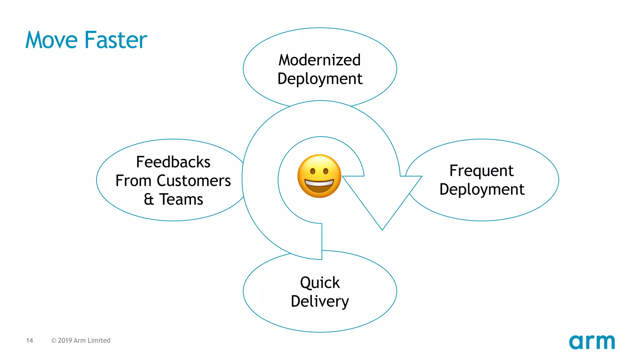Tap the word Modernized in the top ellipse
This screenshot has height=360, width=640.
click(320, 60)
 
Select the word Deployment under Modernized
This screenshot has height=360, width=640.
click(320, 79)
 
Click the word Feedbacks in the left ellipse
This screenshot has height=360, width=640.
click(173, 162)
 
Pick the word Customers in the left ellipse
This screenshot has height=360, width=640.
click(194, 181)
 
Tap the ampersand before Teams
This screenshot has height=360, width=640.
click(149, 199)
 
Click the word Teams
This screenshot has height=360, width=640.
click(181, 199)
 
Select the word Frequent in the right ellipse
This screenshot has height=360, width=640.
click(481, 171)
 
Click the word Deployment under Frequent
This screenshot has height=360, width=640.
click(482, 189)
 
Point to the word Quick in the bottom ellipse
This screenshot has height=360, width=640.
click(320, 282)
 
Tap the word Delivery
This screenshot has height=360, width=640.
click(320, 301)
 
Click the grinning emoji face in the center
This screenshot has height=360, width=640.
click(319, 176)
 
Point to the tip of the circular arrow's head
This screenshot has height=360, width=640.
click(382, 230)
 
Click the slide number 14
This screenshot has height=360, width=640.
click(29, 340)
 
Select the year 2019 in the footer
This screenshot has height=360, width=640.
click(65, 340)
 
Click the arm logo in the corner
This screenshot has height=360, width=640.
click(592, 342)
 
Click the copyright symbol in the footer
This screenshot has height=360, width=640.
click(54, 341)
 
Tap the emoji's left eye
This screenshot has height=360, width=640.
click(312, 171)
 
